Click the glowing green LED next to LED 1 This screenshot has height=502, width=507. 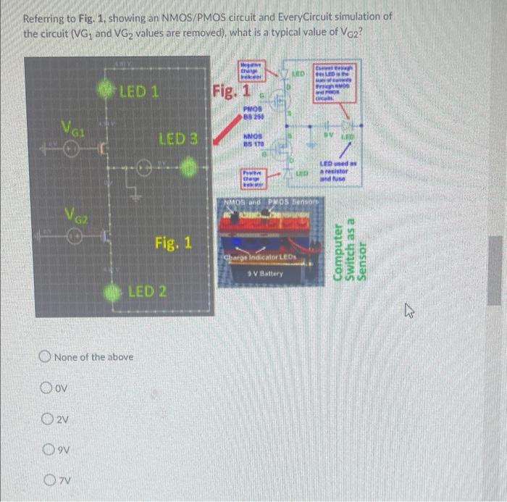(x=107, y=92)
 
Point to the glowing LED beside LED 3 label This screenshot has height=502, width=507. (x=188, y=170)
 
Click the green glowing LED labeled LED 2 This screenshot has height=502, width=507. (x=112, y=291)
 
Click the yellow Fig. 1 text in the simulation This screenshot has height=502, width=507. (x=172, y=242)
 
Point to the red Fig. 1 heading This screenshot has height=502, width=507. (x=231, y=91)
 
